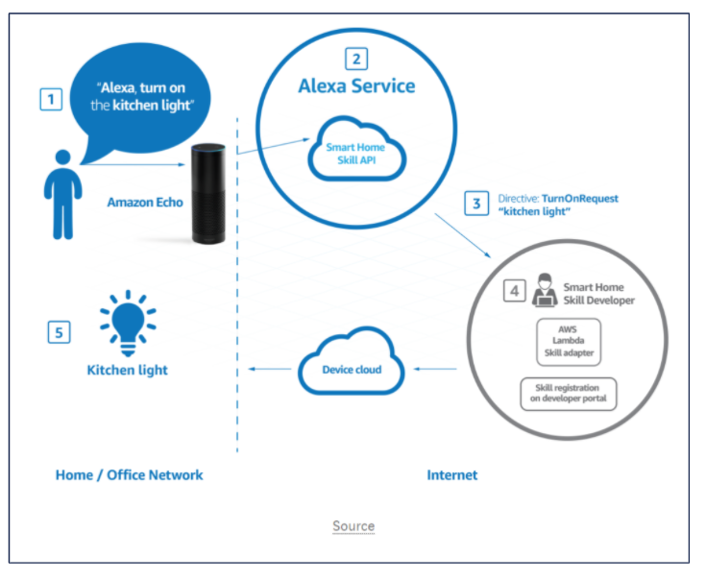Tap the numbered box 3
click(x=475, y=204)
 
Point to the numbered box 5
click(x=60, y=332)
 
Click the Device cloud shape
click(x=353, y=368)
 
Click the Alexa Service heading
click(x=356, y=86)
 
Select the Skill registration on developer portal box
click(x=569, y=394)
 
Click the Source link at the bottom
click(x=353, y=526)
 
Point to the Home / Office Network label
click(x=130, y=474)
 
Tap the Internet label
click(x=451, y=474)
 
